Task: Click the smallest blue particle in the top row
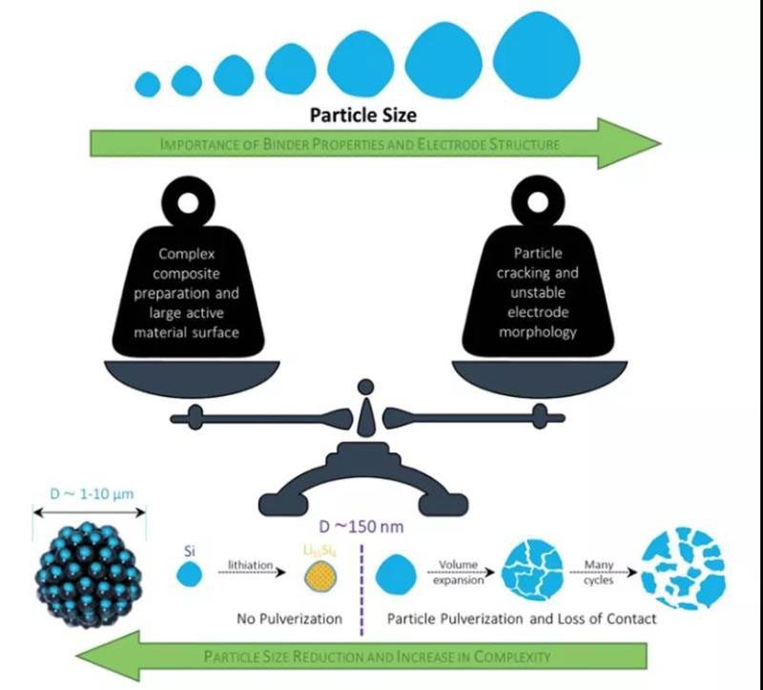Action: pos(147,84)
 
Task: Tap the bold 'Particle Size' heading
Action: pos(362,115)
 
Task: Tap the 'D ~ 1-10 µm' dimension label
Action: pos(90,495)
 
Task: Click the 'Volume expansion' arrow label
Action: pos(459,571)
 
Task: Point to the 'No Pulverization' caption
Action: pos(289,618)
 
